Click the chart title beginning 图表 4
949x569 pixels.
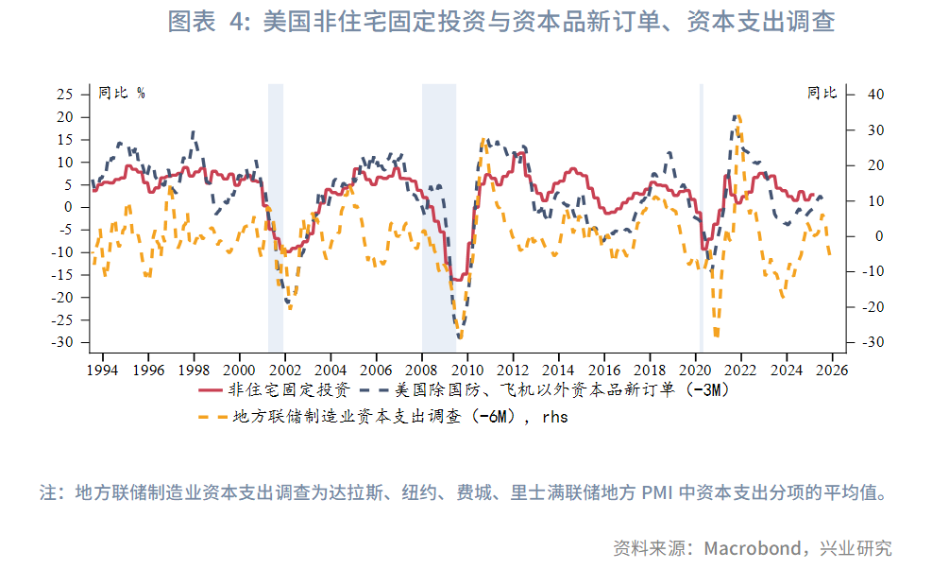pyautogui.click(x=500, y=22)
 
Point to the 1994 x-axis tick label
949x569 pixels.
pyautogui.click(x=103, y=370)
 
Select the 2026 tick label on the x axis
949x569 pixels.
pyautogui.click(x=830, y=370)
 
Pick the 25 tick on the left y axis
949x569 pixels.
pyautogui.click(x=65, y=95)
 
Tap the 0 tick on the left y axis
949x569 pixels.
pyautogui.click(x=69, y=207)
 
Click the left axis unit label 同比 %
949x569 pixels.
pyautogui.click(x=122, y=93)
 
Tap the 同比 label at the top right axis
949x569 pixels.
pyautogui.click(x=821, y=93)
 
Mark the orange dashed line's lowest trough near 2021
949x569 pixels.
pyautogui.click(x=717, y=335)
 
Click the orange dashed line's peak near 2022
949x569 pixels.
pyautogui.click(x=737, y=116)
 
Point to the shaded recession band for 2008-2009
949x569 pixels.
pyautogui.click(x=438, y=217)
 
